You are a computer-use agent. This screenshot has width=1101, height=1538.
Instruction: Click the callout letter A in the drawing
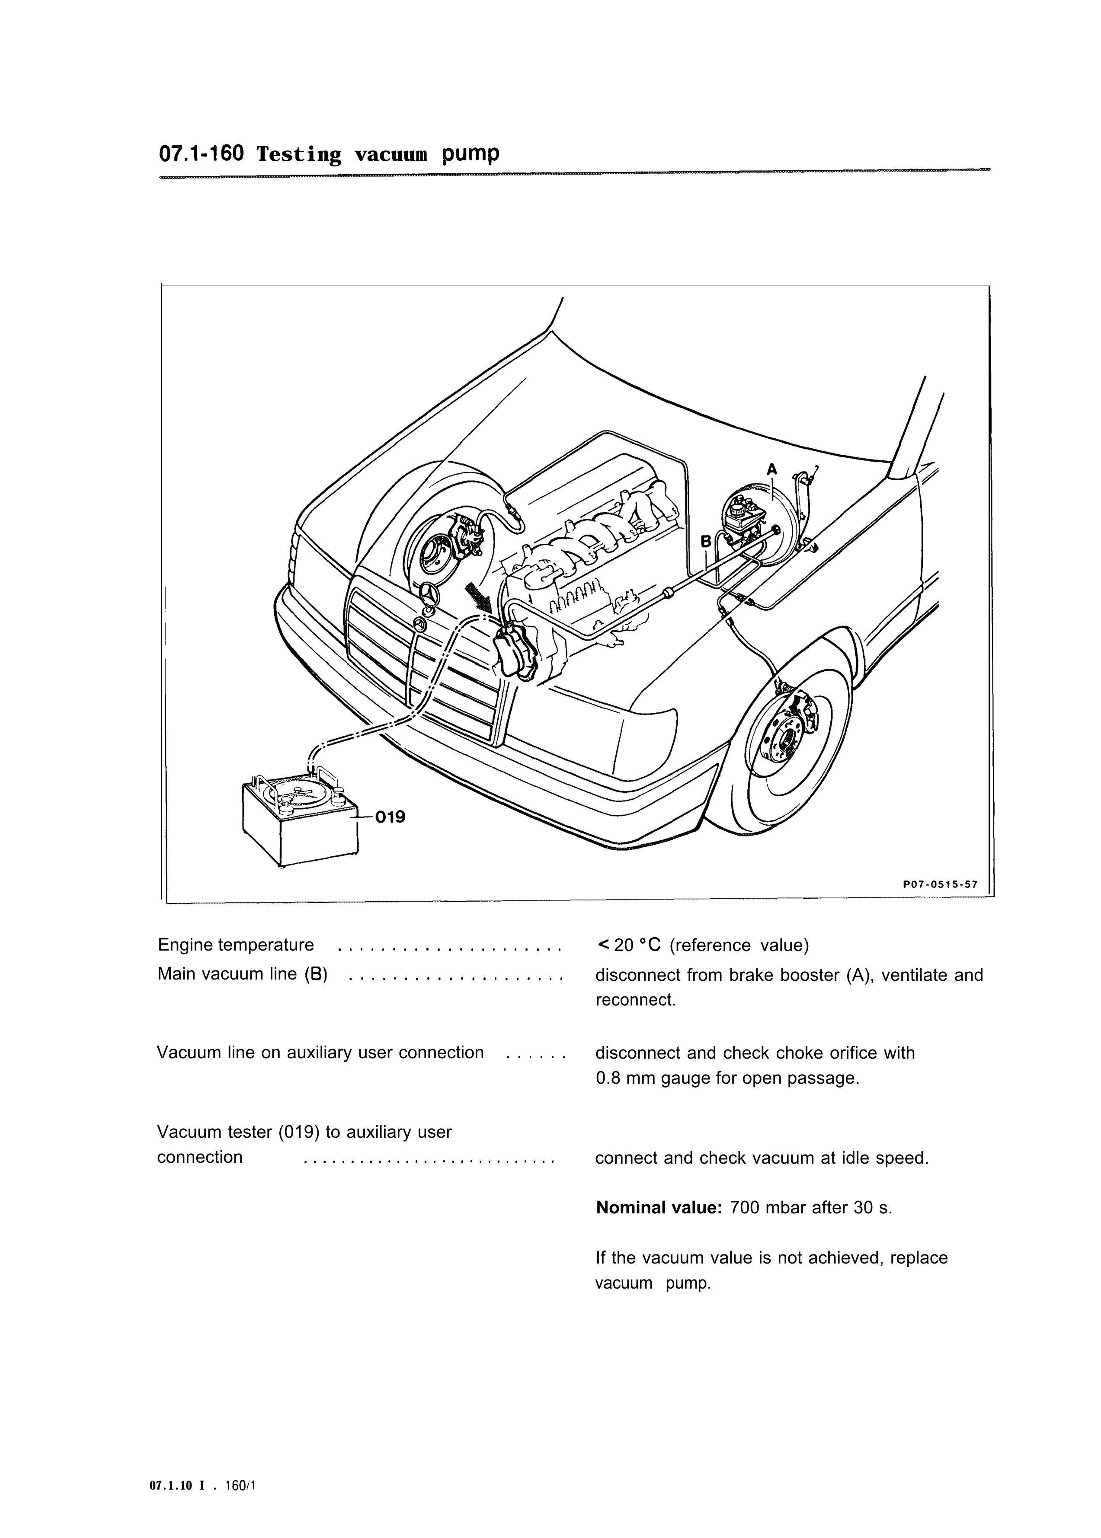point(771,469)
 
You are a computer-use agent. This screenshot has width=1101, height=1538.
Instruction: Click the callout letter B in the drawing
point(706,541)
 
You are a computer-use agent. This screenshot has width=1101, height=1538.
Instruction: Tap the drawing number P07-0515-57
point(940,884)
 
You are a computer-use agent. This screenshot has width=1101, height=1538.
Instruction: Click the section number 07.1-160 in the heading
point(201,154)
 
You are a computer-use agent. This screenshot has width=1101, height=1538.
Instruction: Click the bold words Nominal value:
point(659,1207)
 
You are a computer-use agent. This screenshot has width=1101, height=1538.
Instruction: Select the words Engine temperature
point(236,945)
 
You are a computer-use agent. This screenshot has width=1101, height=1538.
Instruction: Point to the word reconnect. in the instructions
point(636,1000)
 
